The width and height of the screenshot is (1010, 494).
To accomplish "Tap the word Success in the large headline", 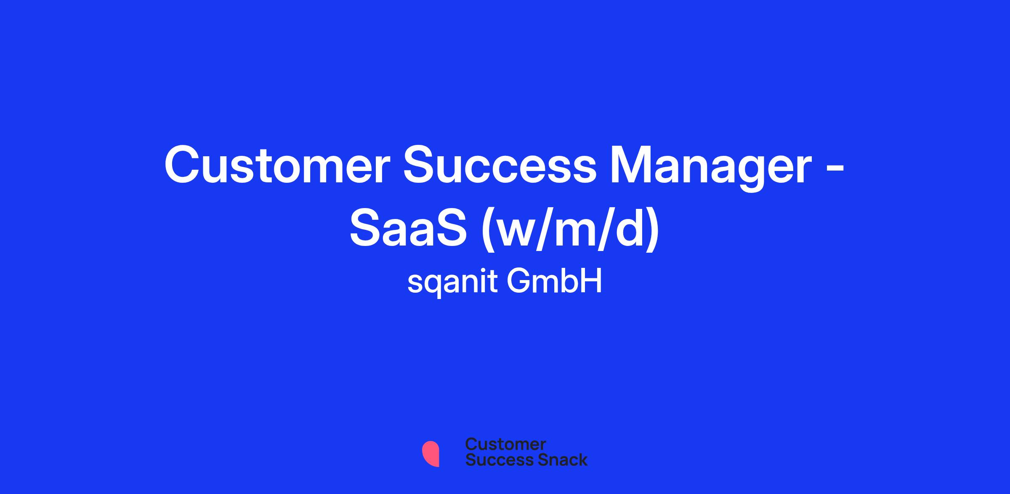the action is click(500, 165).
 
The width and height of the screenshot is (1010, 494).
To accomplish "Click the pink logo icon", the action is click(431, 454).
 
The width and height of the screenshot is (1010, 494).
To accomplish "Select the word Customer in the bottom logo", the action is click(505, 444).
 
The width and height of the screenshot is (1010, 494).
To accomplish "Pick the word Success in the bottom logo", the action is click(494, 460).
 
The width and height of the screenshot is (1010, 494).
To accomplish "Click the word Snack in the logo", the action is click(557, 460).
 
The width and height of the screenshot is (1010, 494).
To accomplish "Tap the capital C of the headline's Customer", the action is click(182, 165).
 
